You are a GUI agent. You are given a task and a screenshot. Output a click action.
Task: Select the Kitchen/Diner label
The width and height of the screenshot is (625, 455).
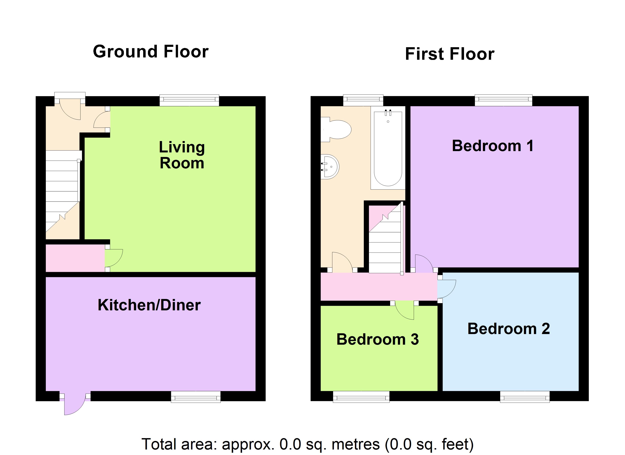149,305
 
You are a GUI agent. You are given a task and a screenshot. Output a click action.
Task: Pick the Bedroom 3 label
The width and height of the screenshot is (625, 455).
377,339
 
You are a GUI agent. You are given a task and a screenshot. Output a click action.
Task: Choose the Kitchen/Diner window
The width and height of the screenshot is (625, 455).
196,397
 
